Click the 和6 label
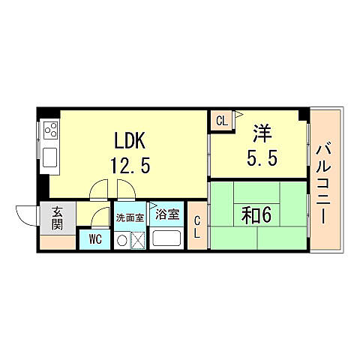click(x=256, y=215)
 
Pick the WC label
click(x=94, y=240)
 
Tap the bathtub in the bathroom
click(x=166, y=239)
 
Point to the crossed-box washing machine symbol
click(x=137, y=241)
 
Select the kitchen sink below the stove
click(x=51, y=158)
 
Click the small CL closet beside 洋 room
click(x=222, y=121)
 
